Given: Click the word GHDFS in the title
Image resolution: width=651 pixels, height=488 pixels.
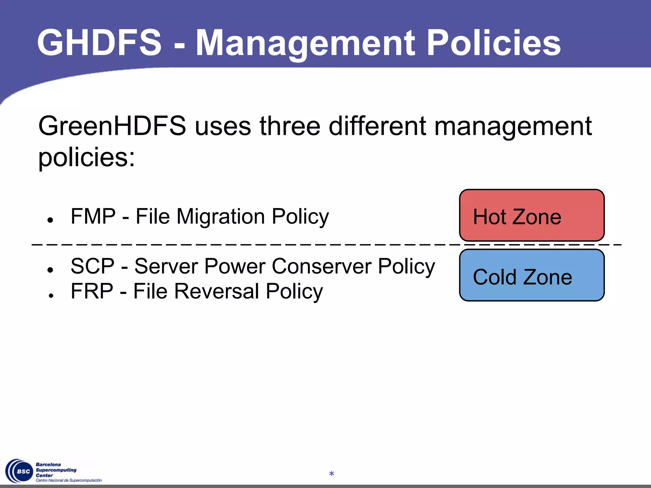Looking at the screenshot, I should coord(99,43).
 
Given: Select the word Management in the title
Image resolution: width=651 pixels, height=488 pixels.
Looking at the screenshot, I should coord(305,43).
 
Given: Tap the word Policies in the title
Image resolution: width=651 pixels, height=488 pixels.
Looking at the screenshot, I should coord(493,43).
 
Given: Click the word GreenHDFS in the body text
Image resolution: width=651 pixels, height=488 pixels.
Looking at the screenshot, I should coord(112,126).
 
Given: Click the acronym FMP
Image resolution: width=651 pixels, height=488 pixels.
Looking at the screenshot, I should coord(93,216).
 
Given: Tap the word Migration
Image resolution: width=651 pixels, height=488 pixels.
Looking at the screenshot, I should coord(221,217).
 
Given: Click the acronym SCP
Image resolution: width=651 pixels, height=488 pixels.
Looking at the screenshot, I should coord(92,266).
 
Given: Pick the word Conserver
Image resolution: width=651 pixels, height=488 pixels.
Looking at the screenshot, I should coord(322,266).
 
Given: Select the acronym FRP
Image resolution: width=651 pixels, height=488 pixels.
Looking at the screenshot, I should coord(92,291).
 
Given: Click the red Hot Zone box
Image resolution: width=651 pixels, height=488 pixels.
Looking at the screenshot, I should coord(531,215).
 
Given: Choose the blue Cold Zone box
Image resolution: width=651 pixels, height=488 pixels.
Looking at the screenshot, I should coord(531,275).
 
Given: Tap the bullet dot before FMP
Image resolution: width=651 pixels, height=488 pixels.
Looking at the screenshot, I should coord(50,220).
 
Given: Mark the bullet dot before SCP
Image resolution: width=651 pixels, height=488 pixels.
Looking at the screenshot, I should coord(50,270).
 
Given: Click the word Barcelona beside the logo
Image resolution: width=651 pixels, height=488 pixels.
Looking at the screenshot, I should coord(48,464).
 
